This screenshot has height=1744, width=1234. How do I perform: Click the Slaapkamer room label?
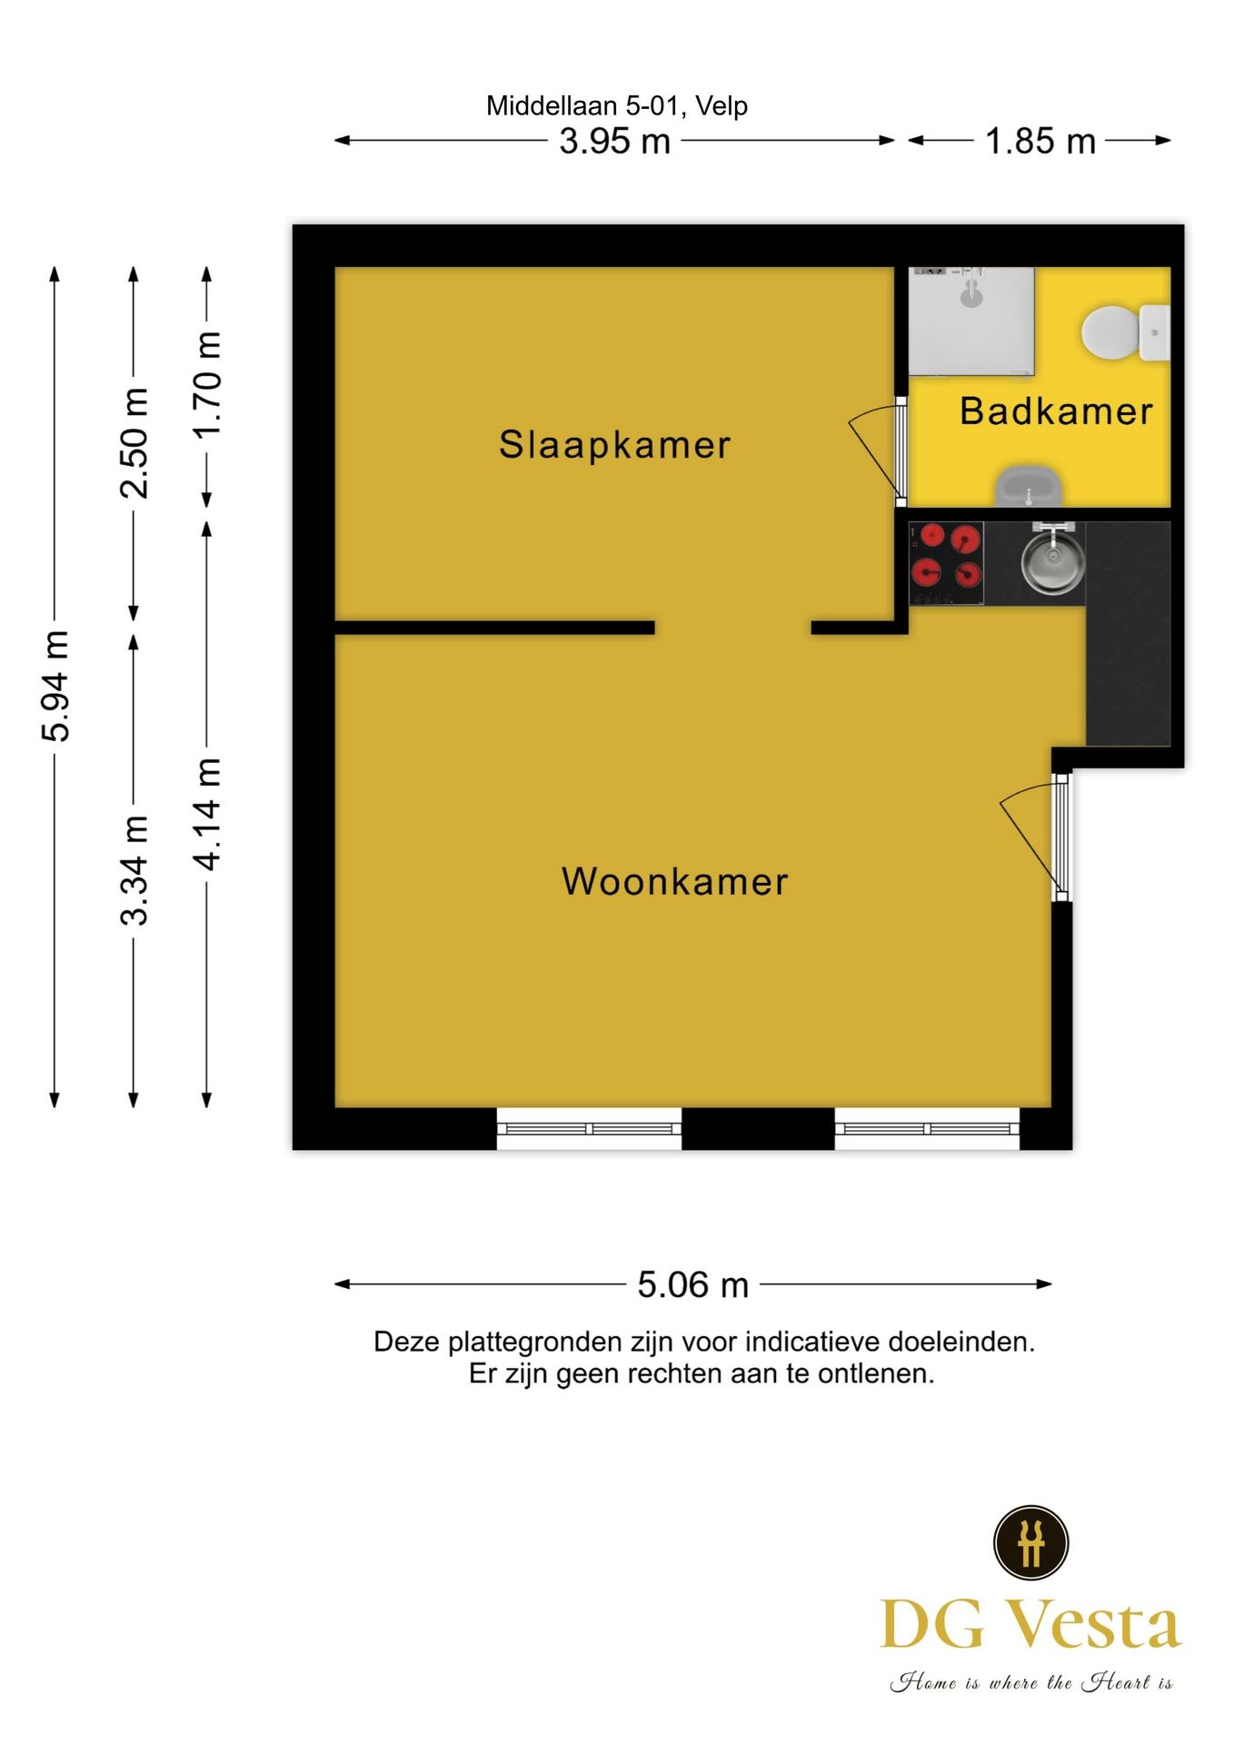(614, 445)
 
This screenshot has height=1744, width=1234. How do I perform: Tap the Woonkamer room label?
(674, 882)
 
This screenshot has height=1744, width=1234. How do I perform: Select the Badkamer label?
(1056, 411)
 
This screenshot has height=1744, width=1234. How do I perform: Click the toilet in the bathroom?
(1122, 332)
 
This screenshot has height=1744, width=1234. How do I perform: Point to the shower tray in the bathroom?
(971, 320)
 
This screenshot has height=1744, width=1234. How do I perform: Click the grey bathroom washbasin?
(1029, 487)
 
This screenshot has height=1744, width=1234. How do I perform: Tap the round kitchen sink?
(1053, 560)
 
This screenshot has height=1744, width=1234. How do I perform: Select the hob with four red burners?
(946, 563)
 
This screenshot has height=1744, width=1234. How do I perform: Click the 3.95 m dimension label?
(614, 142)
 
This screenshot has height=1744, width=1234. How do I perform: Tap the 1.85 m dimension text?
(1040, 142)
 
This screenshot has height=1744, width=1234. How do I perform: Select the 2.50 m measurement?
(134, 443)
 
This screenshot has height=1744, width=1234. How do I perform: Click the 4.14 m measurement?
(208, 813)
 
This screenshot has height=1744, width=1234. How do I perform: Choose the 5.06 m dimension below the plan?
(692, 1285)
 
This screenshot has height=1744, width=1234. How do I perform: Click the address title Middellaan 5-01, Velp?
(616, 106)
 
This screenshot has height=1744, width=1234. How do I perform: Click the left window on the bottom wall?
(589, 1129)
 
